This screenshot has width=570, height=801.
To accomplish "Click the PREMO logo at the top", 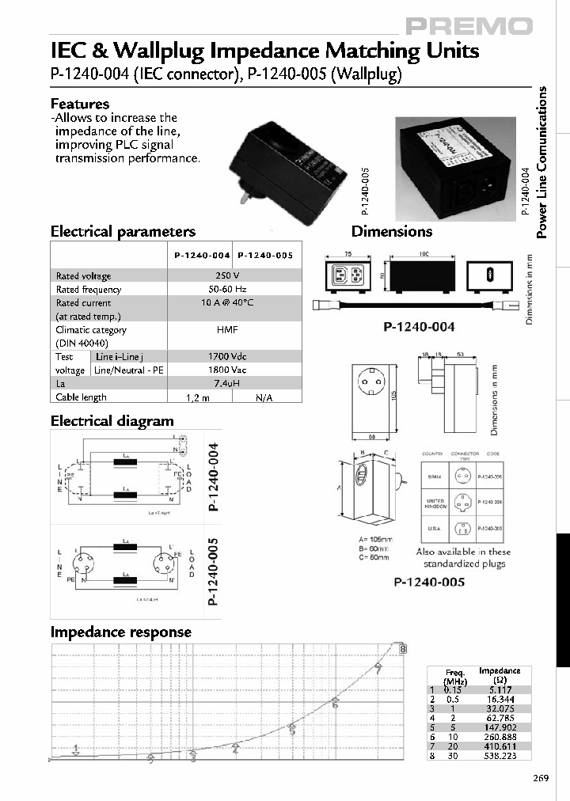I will point(469,27).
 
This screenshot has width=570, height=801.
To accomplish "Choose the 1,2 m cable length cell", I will point(199,397).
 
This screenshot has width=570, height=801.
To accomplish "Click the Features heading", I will point(80,104).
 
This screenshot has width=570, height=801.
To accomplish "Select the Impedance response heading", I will point(121,632).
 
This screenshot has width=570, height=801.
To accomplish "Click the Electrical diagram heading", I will point(112,421).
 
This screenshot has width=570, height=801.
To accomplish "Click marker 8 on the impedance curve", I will point(403,649).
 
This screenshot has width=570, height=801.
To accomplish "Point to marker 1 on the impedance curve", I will point(75,749).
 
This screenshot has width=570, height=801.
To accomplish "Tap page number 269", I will point(540,779).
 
